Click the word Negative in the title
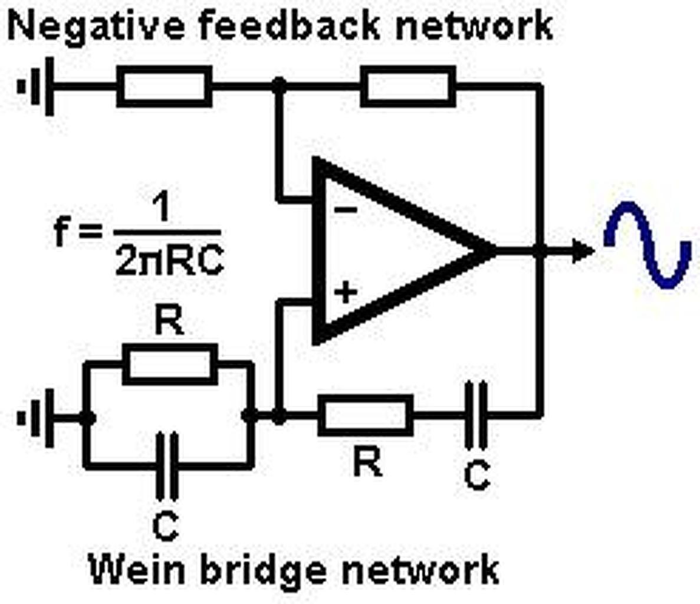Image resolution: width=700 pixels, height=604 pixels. tap(96, 27)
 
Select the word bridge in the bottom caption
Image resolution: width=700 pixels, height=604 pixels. tap(264, 571)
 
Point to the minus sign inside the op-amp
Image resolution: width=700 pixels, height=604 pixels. tap(346, 210)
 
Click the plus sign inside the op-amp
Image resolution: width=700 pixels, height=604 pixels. tap(346, 293)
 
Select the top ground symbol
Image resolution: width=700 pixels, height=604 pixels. tap(36, 86)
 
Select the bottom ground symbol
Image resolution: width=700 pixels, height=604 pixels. tap(36, 418)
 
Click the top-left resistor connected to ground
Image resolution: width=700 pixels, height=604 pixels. tap(165, 86)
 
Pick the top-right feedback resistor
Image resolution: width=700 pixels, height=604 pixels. tap(408, 86)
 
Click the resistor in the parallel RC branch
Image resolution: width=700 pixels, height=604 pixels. tap(170, 365)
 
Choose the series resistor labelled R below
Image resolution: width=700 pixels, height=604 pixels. tap(365, 416)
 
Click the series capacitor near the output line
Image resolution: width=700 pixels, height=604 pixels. tap(476, 416)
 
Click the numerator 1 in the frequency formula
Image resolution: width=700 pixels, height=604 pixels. tap(161, 207)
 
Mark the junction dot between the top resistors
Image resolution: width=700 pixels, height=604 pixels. tap(279, 85)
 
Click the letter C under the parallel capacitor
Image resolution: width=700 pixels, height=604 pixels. tap(166, 527)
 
